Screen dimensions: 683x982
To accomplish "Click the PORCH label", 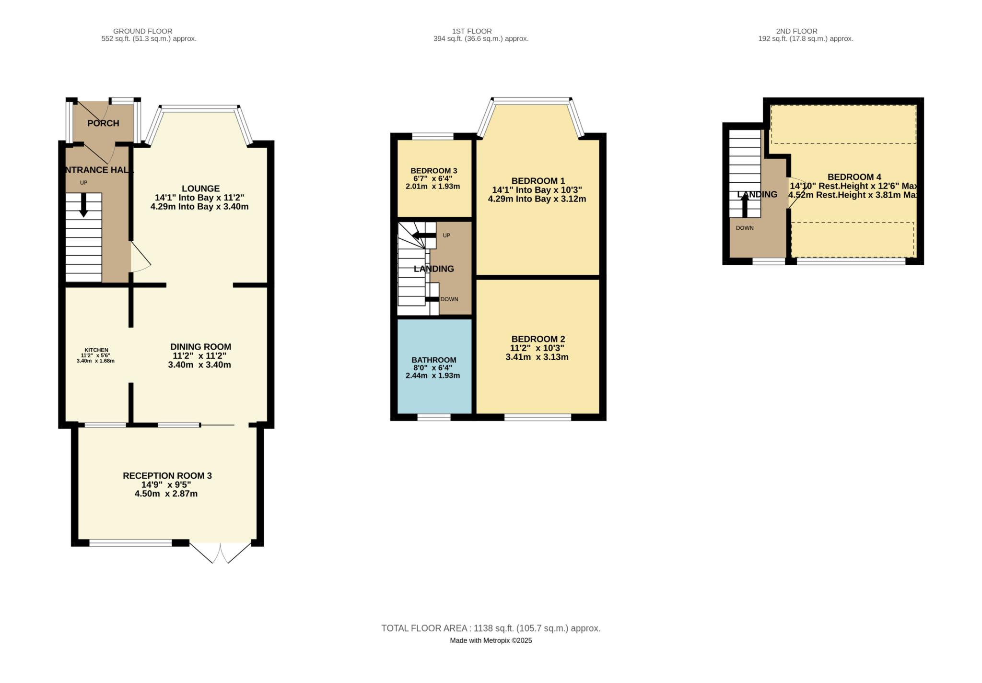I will [103, 123].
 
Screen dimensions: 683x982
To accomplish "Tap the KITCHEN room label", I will [96, 350].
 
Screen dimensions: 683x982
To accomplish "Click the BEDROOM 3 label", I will [433, 171].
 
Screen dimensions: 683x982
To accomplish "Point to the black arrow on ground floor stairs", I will [83, 205].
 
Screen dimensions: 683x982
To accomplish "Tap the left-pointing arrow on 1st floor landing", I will [424, 236].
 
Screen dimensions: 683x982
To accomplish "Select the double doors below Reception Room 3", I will [220, 553].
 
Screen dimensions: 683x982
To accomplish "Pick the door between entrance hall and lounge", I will [140, 258].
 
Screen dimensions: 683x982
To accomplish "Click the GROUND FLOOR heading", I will [142, 31].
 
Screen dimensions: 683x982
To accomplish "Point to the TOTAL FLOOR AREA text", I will [491, 628].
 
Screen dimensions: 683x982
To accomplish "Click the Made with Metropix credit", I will [491, 640].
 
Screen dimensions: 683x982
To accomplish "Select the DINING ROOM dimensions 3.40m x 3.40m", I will [199, 365].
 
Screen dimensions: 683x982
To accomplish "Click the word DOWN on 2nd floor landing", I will [745, 228].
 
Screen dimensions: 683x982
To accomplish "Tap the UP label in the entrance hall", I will [83, 183].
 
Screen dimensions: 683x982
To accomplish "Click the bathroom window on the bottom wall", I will [433, 418].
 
